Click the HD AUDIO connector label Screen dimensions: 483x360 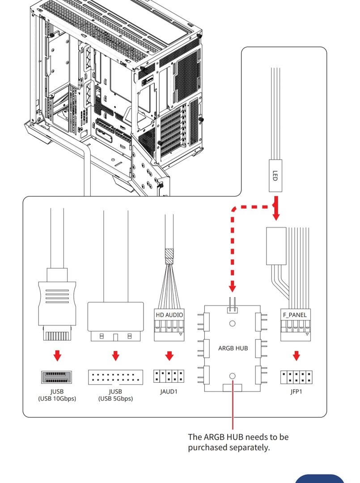[169, 315]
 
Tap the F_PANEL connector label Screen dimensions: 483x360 [295, 315]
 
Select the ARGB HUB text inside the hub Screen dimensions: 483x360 [233, 348]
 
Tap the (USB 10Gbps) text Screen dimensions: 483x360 [57, 398]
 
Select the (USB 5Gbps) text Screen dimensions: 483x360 [115, 398]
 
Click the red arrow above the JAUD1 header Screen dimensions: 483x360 [169, 356]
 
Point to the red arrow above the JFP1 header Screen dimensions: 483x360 [296, 356]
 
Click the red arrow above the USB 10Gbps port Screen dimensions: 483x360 [57, 356]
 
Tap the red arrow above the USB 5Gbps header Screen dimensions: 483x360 [115, 356]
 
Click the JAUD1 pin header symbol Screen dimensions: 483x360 [169, 376]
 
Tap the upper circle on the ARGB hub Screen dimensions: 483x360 [233, 323]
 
